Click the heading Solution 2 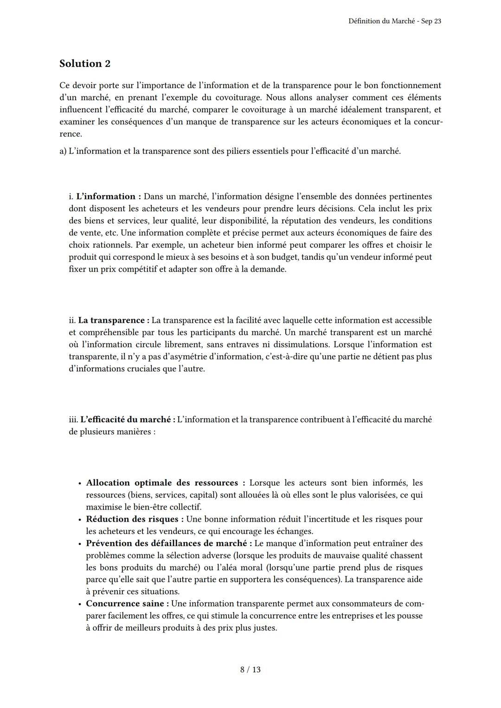point(85,64)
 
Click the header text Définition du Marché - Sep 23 point(394,21)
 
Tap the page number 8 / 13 point(250,670)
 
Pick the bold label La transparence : point(114,320)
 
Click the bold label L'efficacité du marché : point(128,420)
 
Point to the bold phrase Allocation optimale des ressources point(162,483)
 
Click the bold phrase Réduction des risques point(132,519)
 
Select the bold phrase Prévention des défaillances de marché point(166,543)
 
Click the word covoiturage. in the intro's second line point(239,97)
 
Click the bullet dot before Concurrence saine point(80,604)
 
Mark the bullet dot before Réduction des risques point(80,520)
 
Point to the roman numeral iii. point(73,420)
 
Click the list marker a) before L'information point(63,151)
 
